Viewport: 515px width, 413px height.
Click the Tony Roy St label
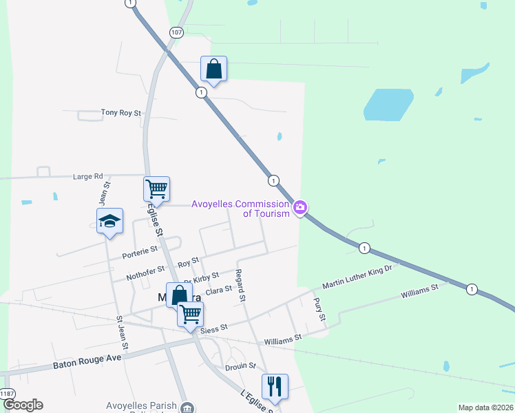tap(120, 112)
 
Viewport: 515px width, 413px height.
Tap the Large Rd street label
tap(87, 176)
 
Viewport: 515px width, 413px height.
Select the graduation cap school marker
tap(109, 221)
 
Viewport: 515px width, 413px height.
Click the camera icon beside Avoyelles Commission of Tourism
tap(299, 207)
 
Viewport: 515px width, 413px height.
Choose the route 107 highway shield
tap(177, 32)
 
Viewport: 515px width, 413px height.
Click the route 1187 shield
tap(7, 393)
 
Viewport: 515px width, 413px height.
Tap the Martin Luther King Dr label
tap(357, 276)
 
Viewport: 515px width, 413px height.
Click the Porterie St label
tap(140, 254)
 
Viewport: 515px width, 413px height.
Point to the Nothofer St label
tap(145, 273)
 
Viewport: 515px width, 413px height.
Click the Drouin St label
tap(242, 366)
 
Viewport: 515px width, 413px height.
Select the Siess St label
tap(214, 330)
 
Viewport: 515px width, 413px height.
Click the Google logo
tap(22, 405)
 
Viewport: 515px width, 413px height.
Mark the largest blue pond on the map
tap(388, 104)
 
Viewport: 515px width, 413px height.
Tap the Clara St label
tap(218, 291)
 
